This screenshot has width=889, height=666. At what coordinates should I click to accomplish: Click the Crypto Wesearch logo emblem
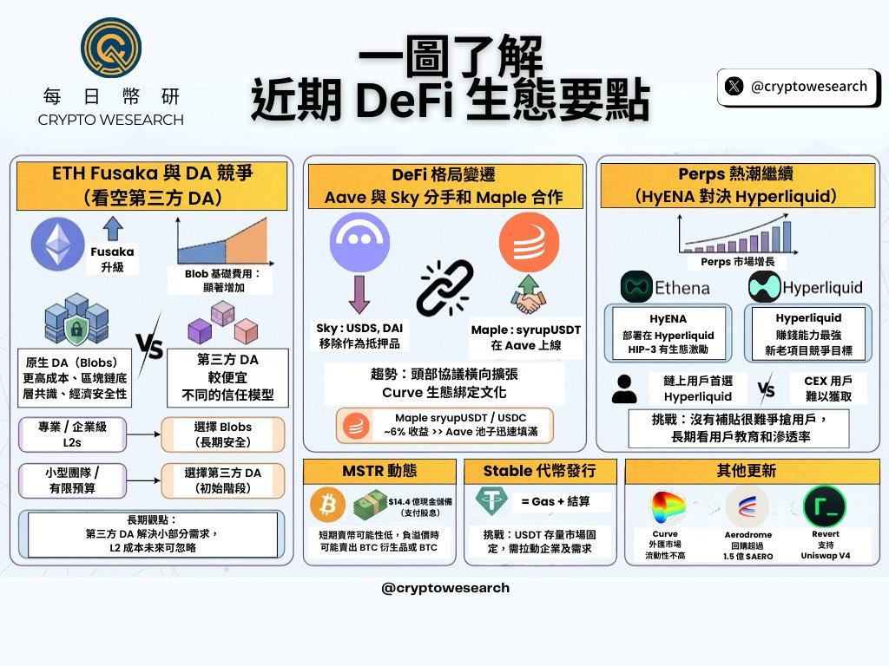(110, 50)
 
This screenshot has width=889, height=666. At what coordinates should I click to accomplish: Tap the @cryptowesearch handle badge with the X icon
(797, 86)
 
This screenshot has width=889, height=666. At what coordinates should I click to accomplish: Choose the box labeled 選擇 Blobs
(223, 434)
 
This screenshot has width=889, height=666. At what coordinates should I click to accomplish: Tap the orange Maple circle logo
(529, 242)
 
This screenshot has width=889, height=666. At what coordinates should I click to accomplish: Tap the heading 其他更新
(746, 471)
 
